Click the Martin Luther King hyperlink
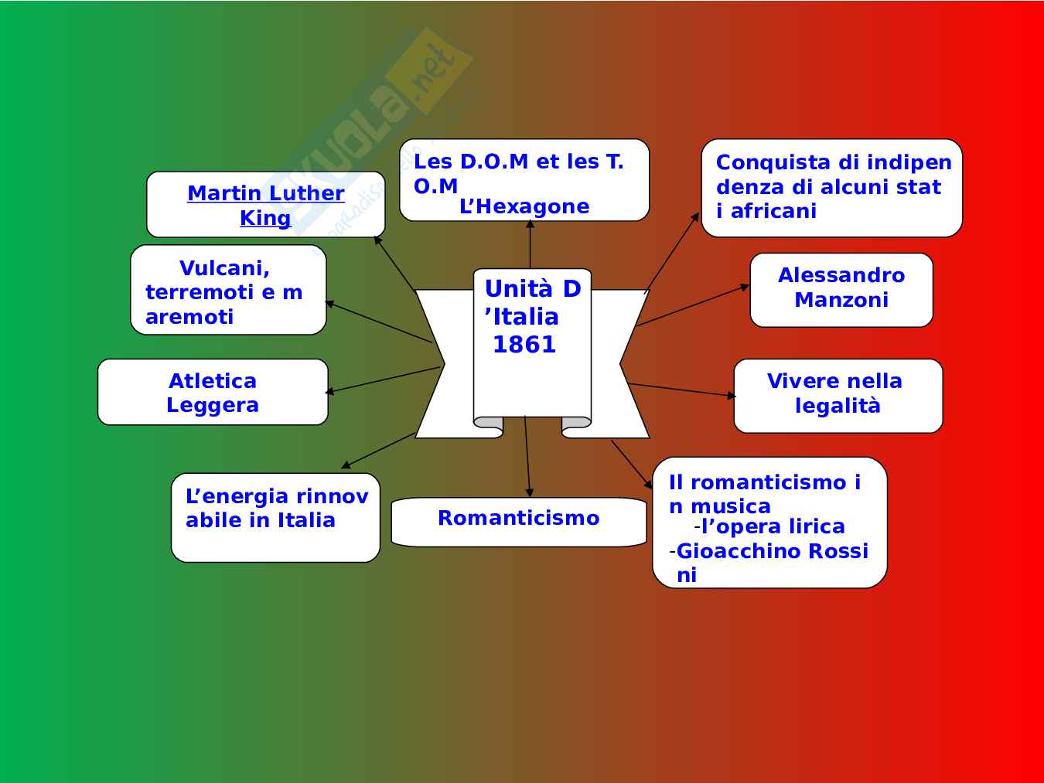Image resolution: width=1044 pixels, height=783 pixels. (x=265, y=205)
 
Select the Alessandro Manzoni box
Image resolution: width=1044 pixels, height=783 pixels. (x=841, y=289)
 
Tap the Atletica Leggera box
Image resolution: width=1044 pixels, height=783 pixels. (x=213, y=392)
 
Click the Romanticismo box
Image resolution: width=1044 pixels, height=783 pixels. (x=518, y=521)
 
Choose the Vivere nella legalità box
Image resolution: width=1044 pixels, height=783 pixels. (x=838, y=395)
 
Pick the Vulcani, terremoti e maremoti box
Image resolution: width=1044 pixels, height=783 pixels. (x=228, y=291)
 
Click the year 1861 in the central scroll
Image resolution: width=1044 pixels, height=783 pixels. (x=524, y=345)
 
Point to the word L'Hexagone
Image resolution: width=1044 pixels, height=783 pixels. (x=524, y=207)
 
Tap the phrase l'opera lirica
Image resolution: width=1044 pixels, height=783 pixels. (x=773, y=527)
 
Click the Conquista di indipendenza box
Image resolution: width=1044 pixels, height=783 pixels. (x=831, y=187)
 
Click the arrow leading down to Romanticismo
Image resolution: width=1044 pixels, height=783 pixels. (x=527, y=456)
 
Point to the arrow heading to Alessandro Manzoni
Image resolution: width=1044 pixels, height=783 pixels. (x=693, y=305)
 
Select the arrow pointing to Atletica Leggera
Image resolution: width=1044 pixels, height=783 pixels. (x=383, y=380)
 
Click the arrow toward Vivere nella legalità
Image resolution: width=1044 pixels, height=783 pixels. (x=681, y=390)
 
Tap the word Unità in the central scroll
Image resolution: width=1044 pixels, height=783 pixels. (x=518, y=289)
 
